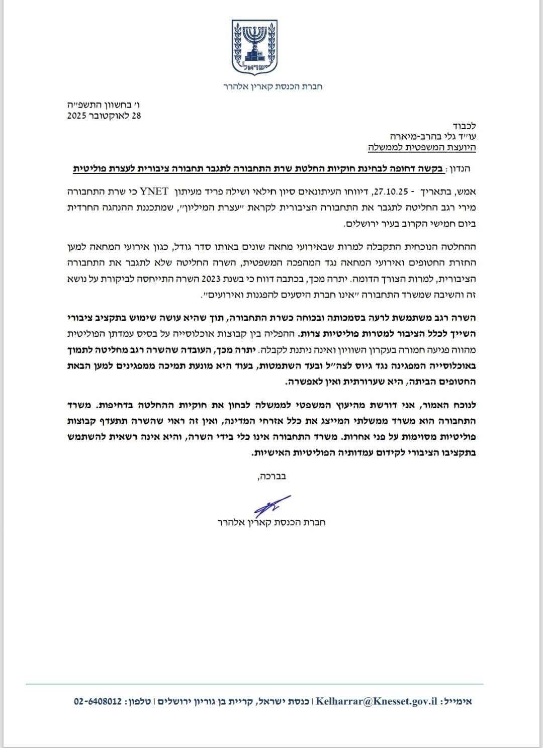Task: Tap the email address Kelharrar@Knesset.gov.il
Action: click(x=376, y=701)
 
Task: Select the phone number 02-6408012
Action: click(x=98, y=701)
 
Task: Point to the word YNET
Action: click(x=155, y=192)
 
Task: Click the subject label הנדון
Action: click(x=462, y=169)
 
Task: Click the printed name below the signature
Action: click(x=271, y=522)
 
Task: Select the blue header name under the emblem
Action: click(x=273, y=86)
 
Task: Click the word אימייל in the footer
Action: click(x=456, y=701)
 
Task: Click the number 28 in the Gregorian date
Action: click(x=136, y=116)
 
